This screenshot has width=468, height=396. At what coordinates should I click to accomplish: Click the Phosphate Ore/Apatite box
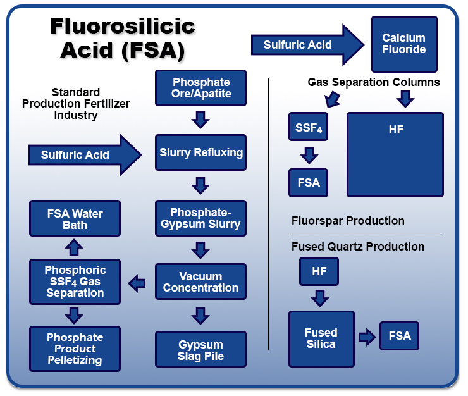[x=201, y=88]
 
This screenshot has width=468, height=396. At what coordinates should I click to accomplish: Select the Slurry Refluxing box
[x=201, y=152]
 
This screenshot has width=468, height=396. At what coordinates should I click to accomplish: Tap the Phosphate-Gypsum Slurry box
[x=201, y=218]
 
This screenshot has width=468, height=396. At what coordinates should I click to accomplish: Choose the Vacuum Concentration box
[x=201, y=282]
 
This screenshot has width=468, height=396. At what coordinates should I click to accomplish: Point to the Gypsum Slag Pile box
[x=200, y=350]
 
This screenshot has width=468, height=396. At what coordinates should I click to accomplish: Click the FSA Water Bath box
[x=75, y=219]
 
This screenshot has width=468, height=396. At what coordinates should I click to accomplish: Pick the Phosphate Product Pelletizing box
[x=75, y=349]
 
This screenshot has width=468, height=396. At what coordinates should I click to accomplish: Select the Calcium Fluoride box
[x=403, y=44]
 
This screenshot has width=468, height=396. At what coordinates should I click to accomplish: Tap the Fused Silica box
[x=321, y=338]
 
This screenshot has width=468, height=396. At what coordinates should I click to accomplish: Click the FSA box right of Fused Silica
[x=400, y=335]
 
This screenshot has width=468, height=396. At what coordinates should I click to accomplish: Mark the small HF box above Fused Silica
[x=319, y=271]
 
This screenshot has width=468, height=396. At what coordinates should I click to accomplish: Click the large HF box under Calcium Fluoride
[x=395, y=154]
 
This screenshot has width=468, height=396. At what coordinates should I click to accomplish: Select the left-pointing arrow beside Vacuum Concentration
[x=137, y=283]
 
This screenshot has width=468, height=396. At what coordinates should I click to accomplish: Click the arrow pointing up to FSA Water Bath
[x=75, y=246]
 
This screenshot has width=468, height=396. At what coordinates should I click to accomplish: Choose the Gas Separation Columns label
[x=374, y=82]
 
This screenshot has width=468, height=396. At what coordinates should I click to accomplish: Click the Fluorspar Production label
[x=348, y=221]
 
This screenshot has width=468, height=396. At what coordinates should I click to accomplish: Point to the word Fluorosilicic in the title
[x=123, y=27]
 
